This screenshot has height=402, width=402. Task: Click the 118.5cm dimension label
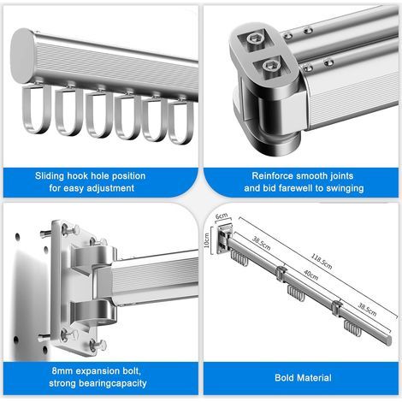321,261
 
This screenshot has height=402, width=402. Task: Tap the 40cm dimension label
310,275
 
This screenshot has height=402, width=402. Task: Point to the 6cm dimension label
222,216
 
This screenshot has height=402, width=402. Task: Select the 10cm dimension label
207,240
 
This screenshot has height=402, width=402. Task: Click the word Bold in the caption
284,378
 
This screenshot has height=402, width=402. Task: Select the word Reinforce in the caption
272,176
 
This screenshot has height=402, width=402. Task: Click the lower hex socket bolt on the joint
269,66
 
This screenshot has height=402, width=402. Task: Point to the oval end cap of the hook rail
22,56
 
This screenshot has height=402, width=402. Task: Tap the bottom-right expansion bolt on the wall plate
98,345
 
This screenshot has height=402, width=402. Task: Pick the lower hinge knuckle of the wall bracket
94,313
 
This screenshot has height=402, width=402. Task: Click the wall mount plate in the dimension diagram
224,239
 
